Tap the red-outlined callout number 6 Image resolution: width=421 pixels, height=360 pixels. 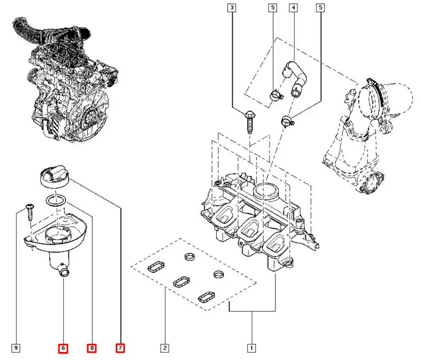(x=63, y=348)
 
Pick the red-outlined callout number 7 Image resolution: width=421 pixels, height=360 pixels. (x=121, y=348)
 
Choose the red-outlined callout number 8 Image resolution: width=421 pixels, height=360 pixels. (x=92, y=348)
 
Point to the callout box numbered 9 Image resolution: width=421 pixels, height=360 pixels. (x=16, y=348)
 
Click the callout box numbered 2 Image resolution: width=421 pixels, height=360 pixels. (x=165, y=348)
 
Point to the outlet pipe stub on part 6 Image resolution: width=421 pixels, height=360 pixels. (x=64, y=272)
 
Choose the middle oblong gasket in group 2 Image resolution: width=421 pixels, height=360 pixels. (x=181, y=281)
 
